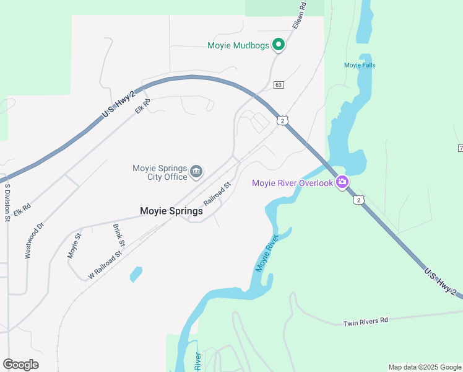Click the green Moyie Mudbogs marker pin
pyautogui.click(x=279, y=45)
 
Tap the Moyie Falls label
pyautogui.click(x=360, y=65)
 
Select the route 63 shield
pyautogui.click(x=279, y=85)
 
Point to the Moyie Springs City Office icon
pyautogui.click(x=196, y=172)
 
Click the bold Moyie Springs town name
pyautogui.click(x=171, y=211)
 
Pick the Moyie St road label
pyautogui.click(x=74, y=245)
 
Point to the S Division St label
pyautogui.click(x=7, y=201)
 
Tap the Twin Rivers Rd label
pyautogui.click(x=366, y=321)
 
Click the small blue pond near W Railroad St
pyautogui.click(x=136, y=274)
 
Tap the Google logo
pyautogui.click(x=20, y=365)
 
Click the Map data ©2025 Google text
pyautogui.click(x=424, y=367)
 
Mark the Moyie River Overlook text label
pyautogui.click(x=292, y=183)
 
